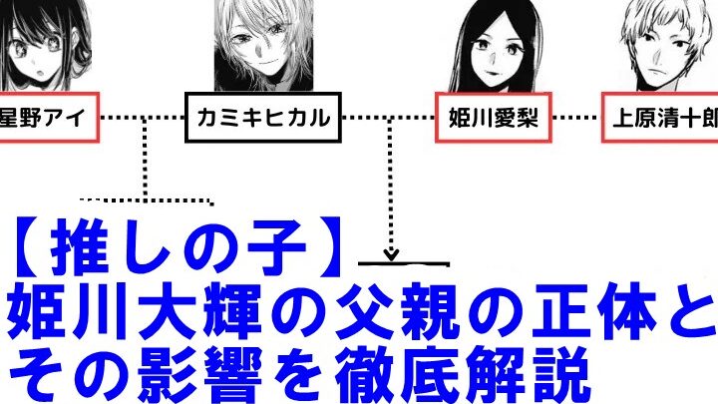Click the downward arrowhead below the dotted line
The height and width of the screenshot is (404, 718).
(x=392, y=253)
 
